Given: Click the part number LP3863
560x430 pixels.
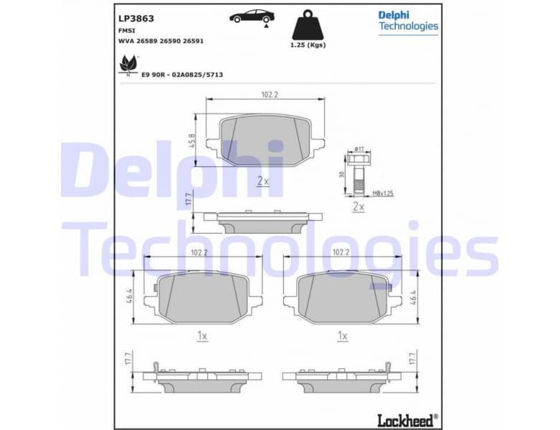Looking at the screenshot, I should [136, 19].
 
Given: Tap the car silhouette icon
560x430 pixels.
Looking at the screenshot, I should [252, 16].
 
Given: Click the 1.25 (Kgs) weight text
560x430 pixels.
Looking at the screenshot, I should [308, 45].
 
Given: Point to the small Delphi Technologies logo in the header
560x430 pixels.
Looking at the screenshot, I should [407, 21].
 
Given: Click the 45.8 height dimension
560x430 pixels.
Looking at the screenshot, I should [193, 140].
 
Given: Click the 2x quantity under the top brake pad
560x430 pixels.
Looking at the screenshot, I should [263, 182].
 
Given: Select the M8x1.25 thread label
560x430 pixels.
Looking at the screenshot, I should [383, 193].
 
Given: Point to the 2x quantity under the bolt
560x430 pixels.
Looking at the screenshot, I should [359, 207].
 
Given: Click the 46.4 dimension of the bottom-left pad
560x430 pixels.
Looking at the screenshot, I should [129, 295].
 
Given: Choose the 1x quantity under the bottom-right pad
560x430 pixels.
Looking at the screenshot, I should [343, 335].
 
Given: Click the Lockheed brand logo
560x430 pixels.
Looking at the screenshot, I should [407, 420].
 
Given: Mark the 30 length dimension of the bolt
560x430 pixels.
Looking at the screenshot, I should [342, 175].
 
